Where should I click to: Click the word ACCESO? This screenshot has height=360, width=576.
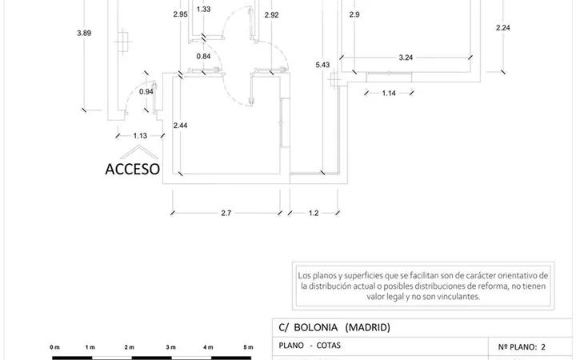[x=132, y=169]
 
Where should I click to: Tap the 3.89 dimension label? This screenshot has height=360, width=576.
[x=84, y=33]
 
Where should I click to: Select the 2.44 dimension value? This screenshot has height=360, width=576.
[x=180, y=126]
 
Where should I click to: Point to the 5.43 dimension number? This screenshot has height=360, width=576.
[x=322, y=65]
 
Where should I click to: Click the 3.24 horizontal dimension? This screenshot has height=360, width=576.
[x=406, y=58]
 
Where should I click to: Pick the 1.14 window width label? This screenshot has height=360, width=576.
[x=389, y=94]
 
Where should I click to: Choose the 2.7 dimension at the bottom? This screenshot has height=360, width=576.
[x=226, y=213]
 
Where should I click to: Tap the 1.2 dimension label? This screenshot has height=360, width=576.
[x=314, y=213]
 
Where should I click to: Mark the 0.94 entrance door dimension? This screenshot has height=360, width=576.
[x=146, y=92]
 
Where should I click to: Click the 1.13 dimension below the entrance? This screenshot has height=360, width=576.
[x=140, y=136]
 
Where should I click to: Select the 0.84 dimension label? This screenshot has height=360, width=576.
[x=203, y=56]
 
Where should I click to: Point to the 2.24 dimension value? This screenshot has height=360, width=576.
[x=503, y=27]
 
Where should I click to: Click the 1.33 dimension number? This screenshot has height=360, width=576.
[x=203, y=9]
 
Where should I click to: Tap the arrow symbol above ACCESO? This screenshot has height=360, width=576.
[x=139, y=152]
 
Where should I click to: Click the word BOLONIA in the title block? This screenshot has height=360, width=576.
[x=315, y=327]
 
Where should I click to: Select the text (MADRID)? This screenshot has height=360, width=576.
[x=368, y=327]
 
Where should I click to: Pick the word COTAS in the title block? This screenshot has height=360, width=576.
[x=329, y=346]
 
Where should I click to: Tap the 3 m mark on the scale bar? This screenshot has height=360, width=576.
[x=171, y=347]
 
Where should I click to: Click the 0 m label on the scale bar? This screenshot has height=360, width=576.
[x=54, y=347]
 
